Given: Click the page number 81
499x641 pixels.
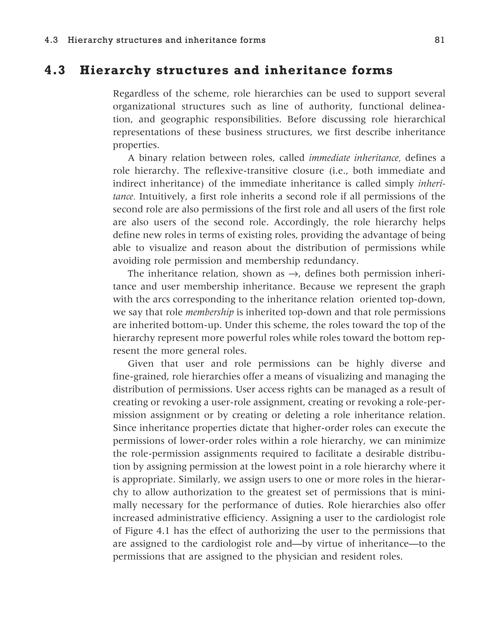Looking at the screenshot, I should click(439, 40).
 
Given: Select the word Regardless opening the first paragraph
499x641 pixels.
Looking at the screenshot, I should click(135, 94).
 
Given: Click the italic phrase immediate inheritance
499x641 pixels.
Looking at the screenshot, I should click(355, 158).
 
